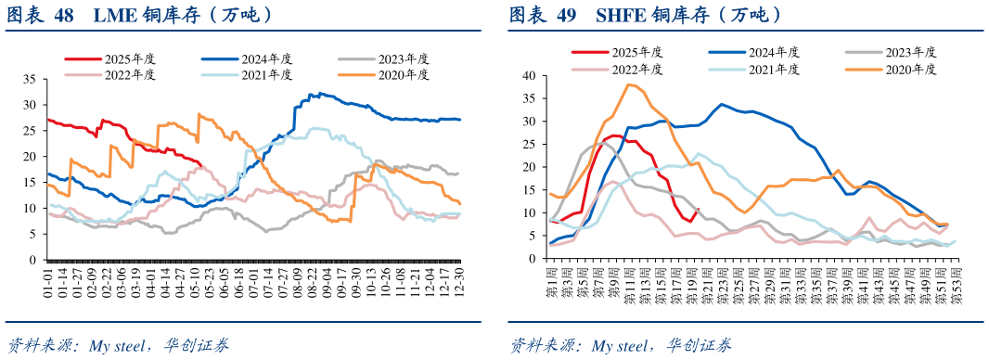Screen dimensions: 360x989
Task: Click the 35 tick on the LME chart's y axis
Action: click(x=28, y=79)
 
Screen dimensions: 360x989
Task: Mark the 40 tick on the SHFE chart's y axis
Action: click(x=531, y=75)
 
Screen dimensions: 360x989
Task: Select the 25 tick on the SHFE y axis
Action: click(x=531, y=144)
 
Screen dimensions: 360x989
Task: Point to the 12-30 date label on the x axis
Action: click(x=457, y=283)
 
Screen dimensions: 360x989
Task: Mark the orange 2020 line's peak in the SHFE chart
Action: click(x=629, y=84)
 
